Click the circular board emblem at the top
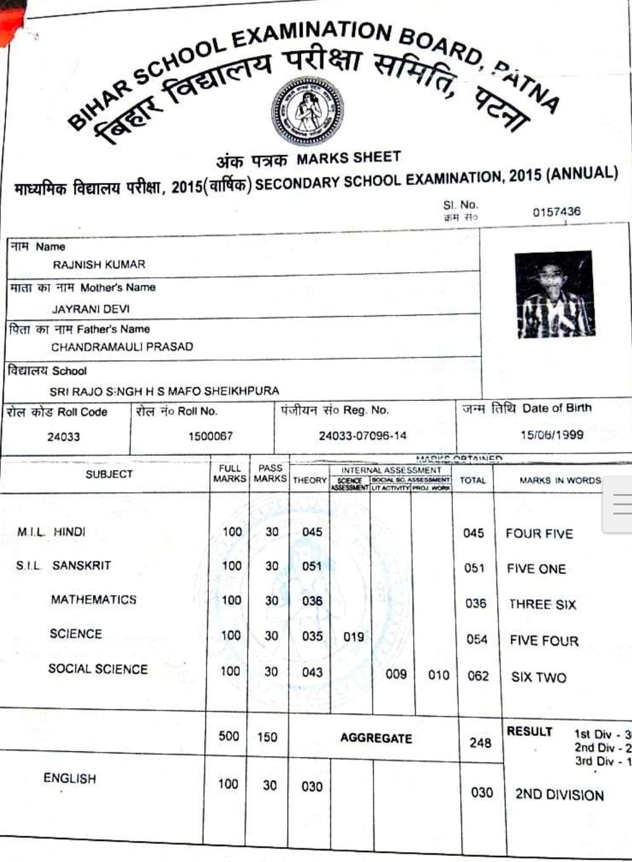[x=307, y=112]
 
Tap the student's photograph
[x=554, y=294]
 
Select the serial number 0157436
[x=557, y=211]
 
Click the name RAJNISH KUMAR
[x=99, y=265]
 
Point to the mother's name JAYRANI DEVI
[x=91, y=309]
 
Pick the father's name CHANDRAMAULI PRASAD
[x=122, y=347]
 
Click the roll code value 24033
[x=64, y=437]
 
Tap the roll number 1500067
[x=210, y=436]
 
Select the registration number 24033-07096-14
[x=362, y=435]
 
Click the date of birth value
[x=552, y=435]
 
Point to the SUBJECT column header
[x=109, y=474]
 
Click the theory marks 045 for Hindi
[x=312, y=532]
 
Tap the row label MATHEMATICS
[x=93, y=600]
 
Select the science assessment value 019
[x=353, y=636]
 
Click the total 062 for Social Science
[x=478, y=676]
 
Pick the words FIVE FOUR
[x=544, y=641]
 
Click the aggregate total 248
[x=480, y=742]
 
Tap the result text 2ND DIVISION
[x=560, y=795]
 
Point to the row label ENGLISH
[x=70, y=779]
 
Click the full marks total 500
[x=229, y=736]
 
